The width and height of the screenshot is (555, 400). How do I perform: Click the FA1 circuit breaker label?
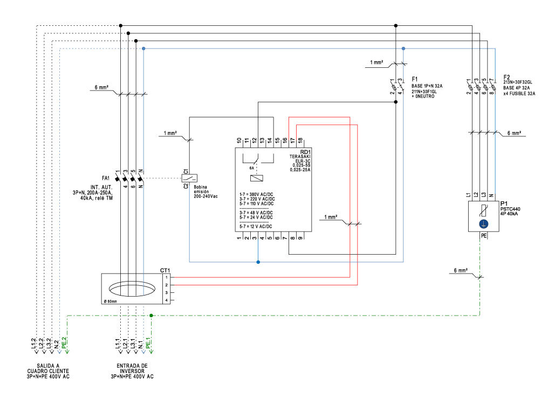pos(105,178)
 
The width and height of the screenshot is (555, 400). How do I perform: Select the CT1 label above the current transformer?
pos(165,270)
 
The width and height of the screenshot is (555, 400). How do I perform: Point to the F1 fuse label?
pos(415,79)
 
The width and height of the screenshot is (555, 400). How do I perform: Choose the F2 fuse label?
pos(506,77)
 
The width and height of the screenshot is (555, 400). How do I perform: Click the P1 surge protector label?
pos(504,203)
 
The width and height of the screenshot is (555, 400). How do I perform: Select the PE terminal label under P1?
pos(483,236)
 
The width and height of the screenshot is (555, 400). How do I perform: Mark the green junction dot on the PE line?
pos(151,315)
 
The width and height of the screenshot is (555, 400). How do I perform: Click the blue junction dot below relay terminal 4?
pos(258,262)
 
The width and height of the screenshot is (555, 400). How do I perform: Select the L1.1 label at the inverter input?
pos(118,343)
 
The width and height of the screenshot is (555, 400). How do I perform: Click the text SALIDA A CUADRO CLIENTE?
pos(49,371)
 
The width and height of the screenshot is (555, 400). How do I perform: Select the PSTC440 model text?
pos(510,208)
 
